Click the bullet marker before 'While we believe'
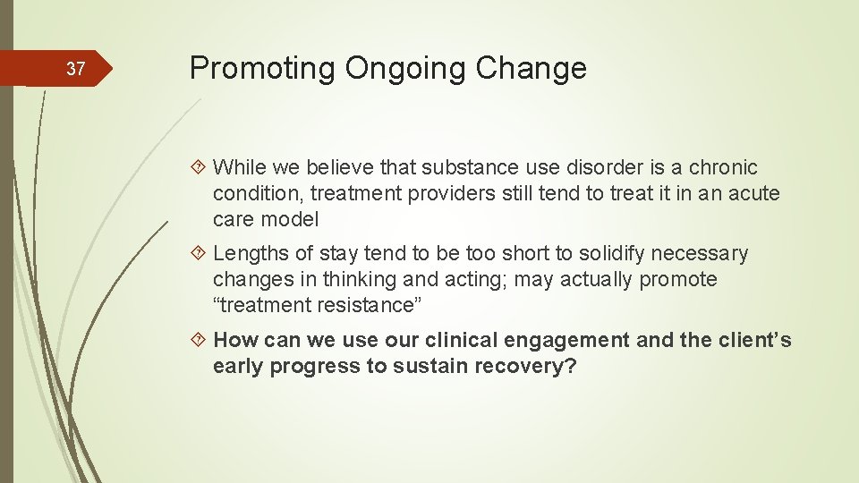(202, 168)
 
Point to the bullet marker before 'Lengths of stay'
(202, 254)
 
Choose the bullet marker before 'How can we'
(202, 340)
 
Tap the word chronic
(724, 167)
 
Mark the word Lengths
(250, 253)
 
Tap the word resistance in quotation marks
(368, 305)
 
